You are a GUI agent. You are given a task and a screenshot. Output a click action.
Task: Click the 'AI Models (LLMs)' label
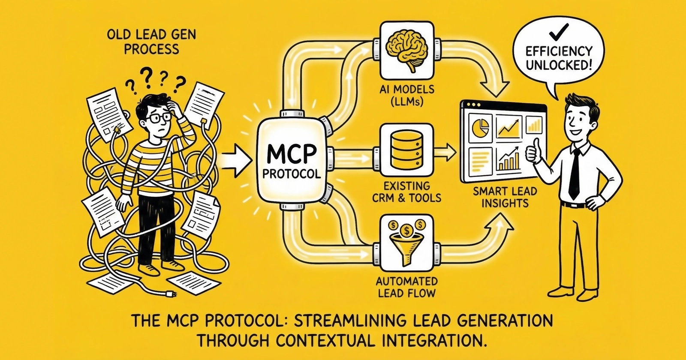407,96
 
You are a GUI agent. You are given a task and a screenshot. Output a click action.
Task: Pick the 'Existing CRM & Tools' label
407,192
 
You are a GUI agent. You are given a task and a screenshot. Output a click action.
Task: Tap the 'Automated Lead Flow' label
407,287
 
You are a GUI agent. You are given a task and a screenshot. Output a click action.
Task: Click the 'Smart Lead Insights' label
505,197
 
